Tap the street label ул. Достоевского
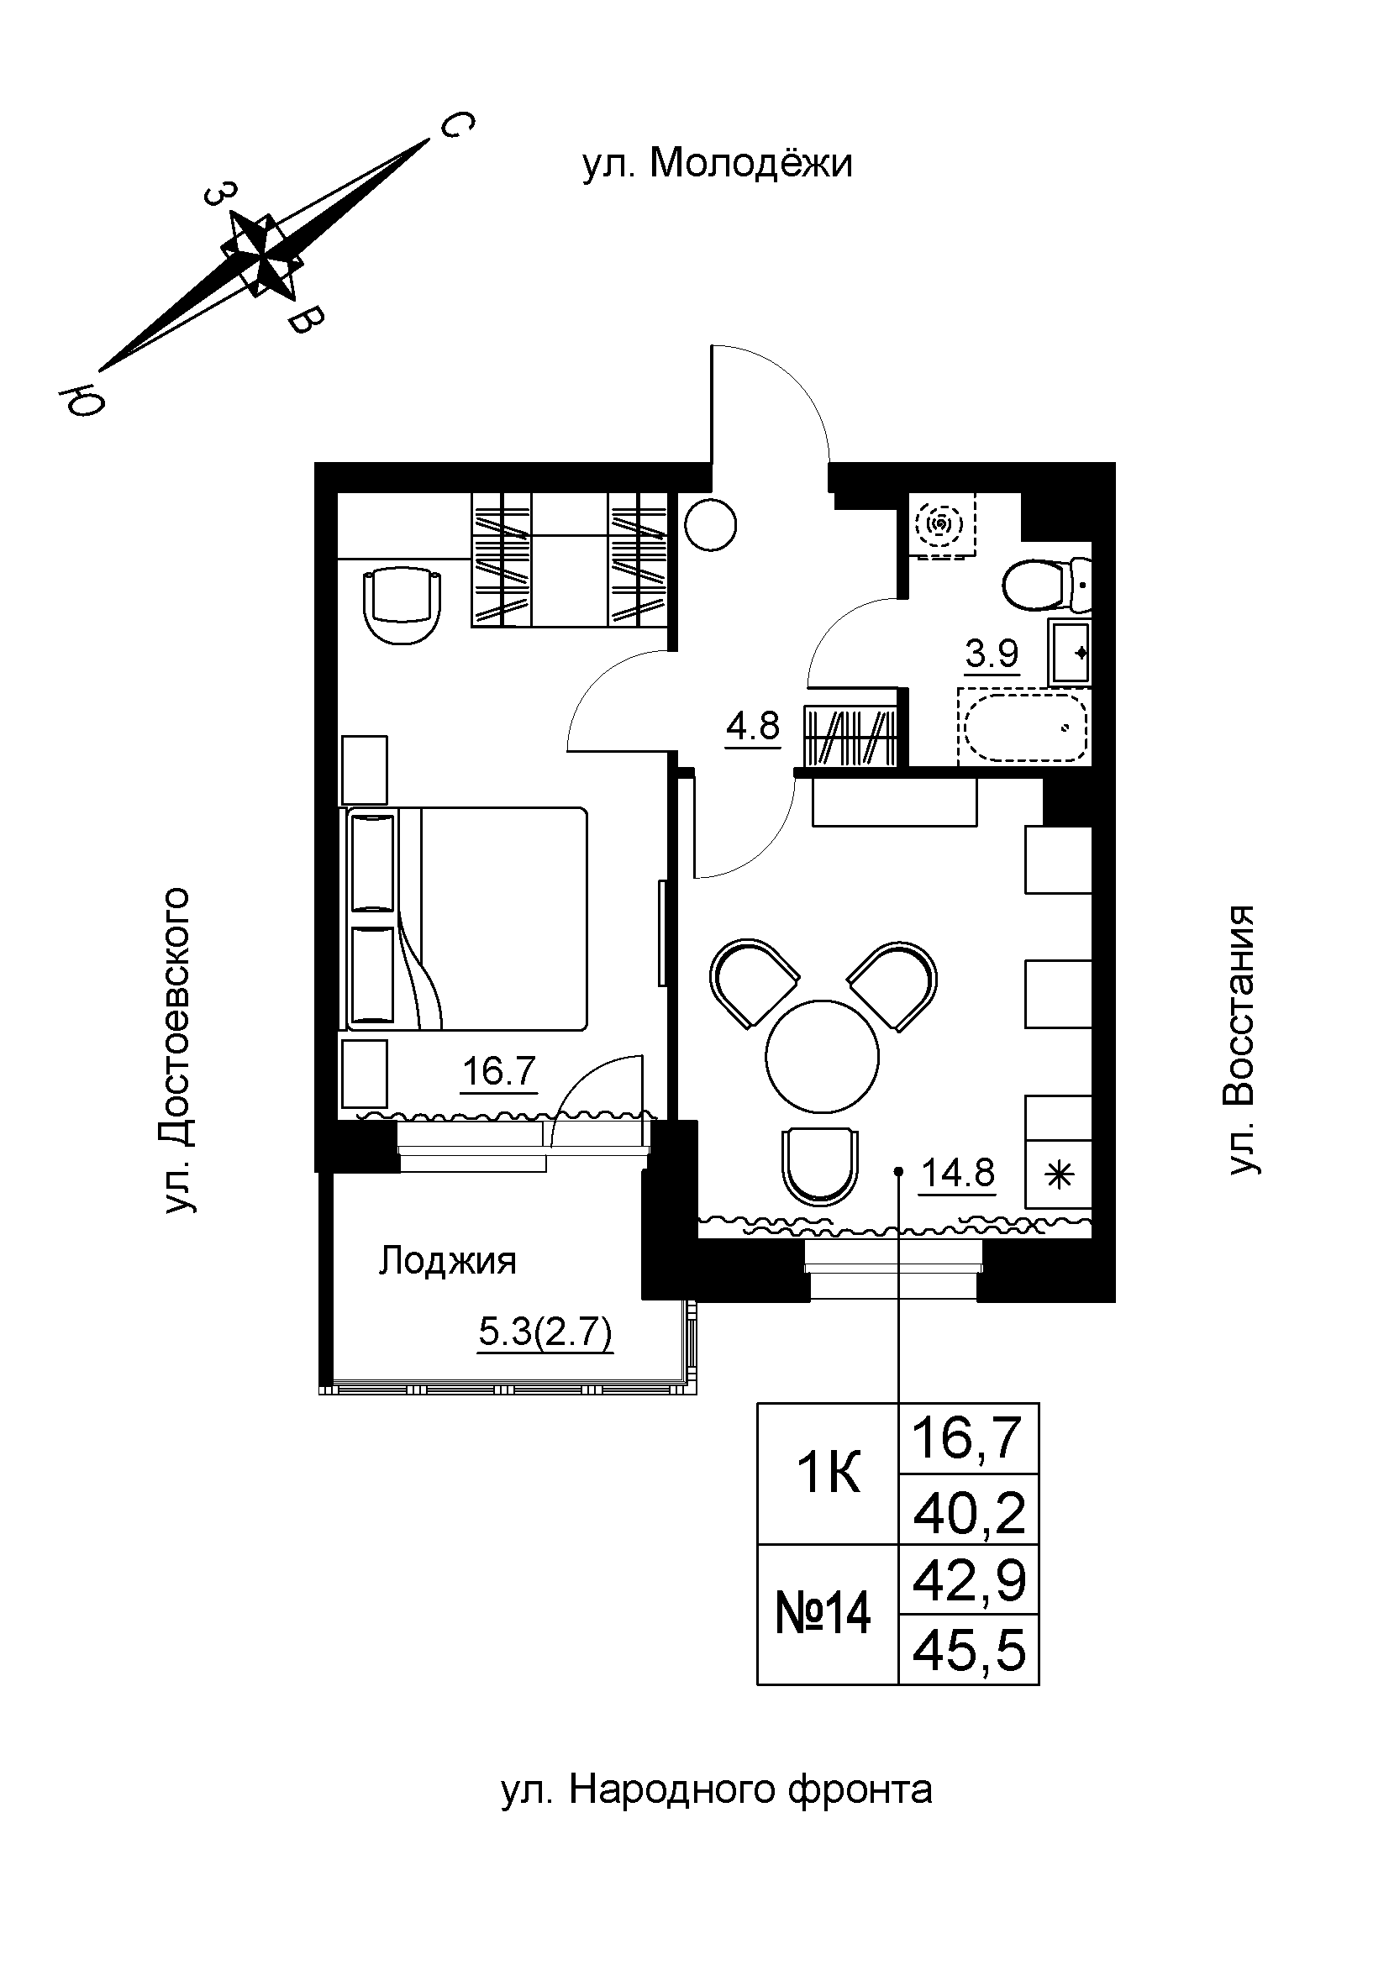tap(176, 1051)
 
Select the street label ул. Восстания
tap(1242, 1040)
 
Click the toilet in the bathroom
tap(1047, 586)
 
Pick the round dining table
tap(823, 1056)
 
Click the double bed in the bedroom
tap(467, 918)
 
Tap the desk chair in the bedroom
tap(404, 607)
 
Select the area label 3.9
tap(992, 655)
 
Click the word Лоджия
tap(448, 1262)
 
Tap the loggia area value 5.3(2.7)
tap(546, 1332)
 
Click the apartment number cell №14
tap(823, 1615)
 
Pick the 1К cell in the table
tap(829, 1474)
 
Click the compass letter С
tap(455, 126)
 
